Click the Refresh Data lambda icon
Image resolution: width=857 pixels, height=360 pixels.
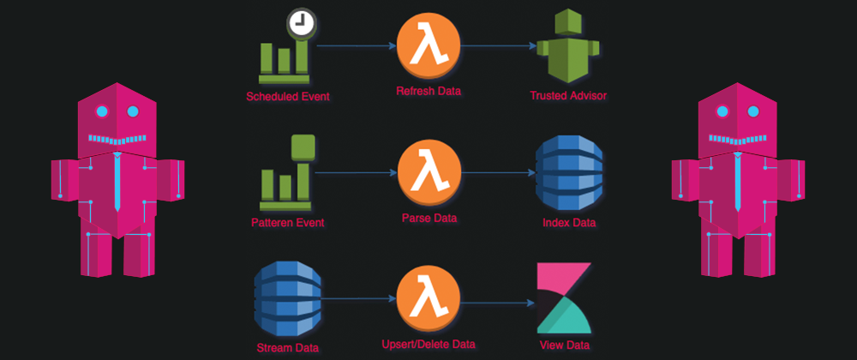click(x=428, y=46)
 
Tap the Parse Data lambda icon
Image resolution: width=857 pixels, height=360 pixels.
click(x=428, y=172)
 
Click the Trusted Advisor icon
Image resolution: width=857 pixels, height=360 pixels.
click(x=564, y=46)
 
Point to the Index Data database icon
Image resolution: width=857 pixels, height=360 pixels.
click(x=569, y=172)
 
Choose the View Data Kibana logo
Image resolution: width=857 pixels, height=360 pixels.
click(x=564, y=298)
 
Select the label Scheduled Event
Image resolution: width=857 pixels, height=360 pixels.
click(x=288, y=96)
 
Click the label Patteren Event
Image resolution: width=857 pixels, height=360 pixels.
click(x=288, y=223)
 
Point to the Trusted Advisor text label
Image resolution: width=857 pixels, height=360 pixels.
click(x=568, y=95)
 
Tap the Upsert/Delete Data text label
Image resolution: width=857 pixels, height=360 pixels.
click(x=428, y=343)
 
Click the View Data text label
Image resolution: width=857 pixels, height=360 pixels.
click(x=564, y=345)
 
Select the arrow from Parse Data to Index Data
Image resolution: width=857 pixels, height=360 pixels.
click(x=497, y=172)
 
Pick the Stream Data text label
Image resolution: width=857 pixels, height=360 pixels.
click(x=288, y=347)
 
